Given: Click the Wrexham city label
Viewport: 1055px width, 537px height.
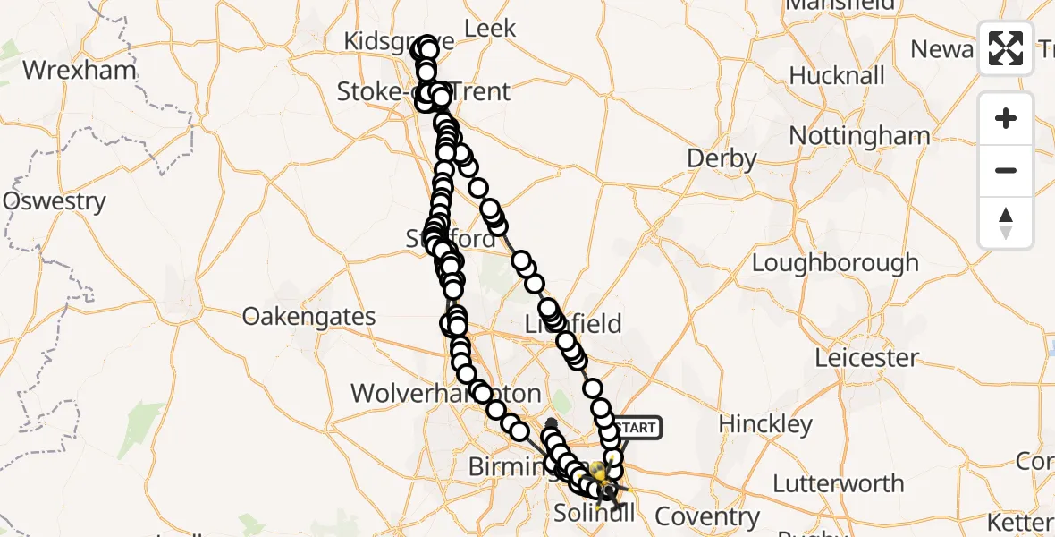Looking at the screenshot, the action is pyautogui.click(x=80, y=70).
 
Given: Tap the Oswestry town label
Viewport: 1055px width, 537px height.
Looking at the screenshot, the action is pyautogui.click(x=55, y=201).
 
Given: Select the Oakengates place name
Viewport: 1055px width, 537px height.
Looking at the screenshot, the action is pyautogui.click(x=308, y=317).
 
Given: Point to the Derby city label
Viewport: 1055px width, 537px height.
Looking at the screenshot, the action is pyautogui.click(x=722, y=159).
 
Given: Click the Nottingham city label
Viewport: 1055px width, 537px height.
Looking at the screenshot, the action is pyautogui.click(x=859, y=136).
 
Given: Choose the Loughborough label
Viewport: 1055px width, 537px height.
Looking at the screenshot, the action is pyautogui.click(x=835, y=263).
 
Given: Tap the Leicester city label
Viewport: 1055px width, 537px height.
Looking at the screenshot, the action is pyautogui.click(x=866, y=358).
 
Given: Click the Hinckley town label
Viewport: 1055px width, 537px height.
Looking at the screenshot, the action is pyautogui.click(x=765, y=423).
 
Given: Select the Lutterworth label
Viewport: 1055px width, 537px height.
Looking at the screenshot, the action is pyautogui.click(x=838, y=484).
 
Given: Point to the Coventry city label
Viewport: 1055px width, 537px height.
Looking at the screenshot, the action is pyautogui.click(x=707, y=516).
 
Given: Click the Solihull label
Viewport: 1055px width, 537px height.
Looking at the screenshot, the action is pyautogui.click(x=595, y=513).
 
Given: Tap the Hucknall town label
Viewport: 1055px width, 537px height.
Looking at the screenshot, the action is pyautogui.click(x=837, y=76).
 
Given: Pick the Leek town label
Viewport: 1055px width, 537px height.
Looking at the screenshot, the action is pyautogui.click(x=491, y=29).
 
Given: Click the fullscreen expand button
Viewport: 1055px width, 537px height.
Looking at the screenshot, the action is pyautogui.click(x=1006, y=48).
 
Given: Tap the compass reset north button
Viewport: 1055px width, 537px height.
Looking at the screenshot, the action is pyautogui.click(x=1006, y=223).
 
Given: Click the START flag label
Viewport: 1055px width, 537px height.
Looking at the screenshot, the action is pyautogui.click(x=637, y=428).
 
